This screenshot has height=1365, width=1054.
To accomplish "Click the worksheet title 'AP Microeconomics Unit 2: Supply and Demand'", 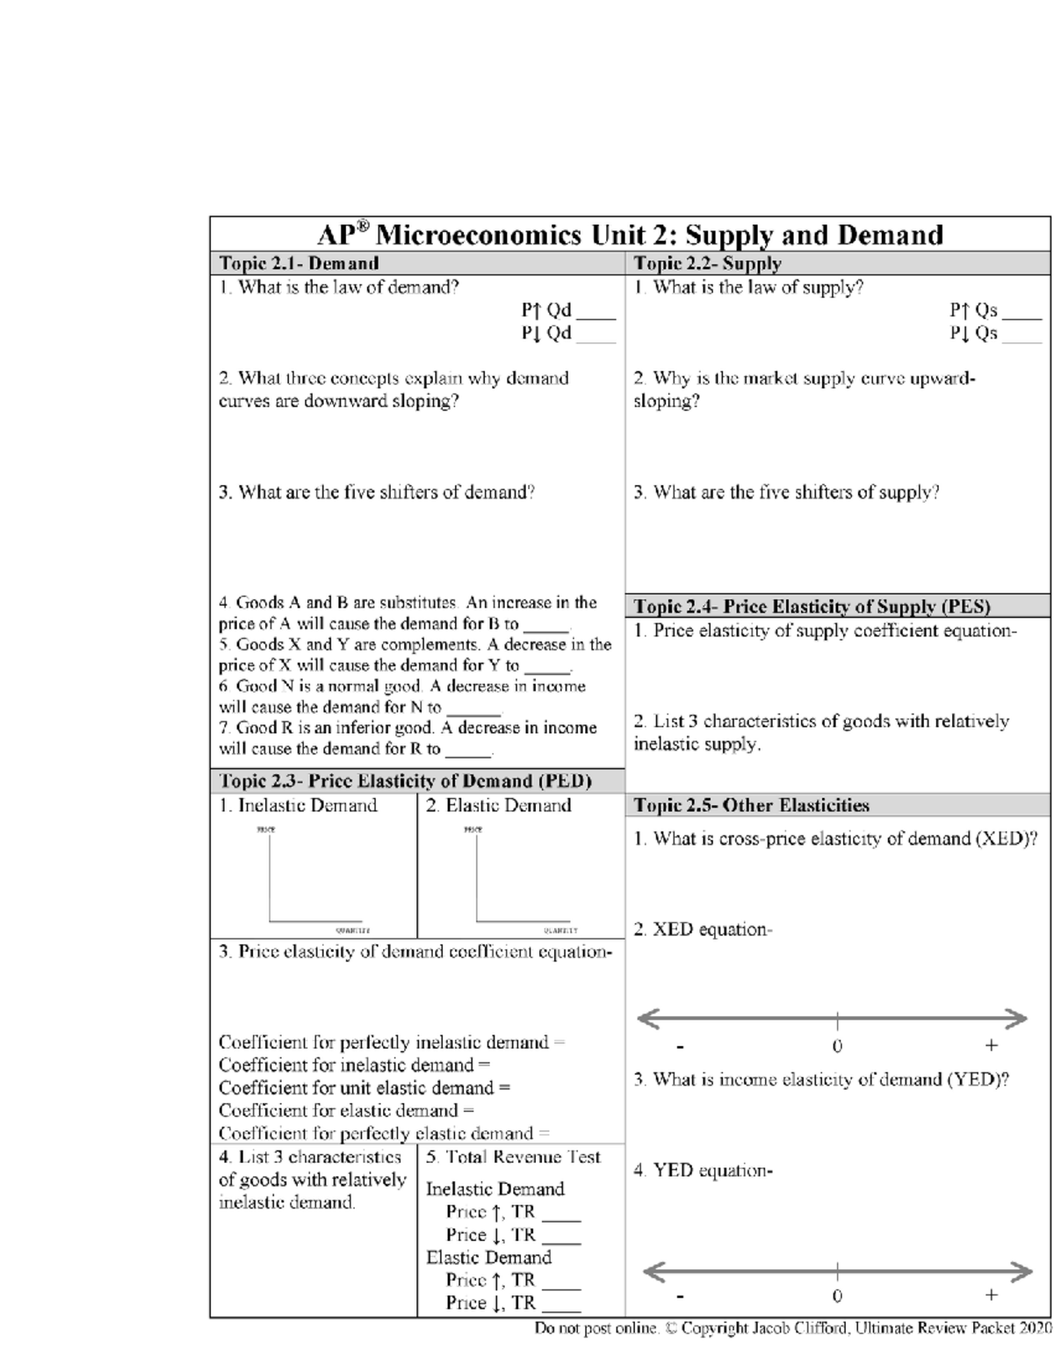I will tap(630, 235).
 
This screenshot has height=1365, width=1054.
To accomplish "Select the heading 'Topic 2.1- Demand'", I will tap(299, 263).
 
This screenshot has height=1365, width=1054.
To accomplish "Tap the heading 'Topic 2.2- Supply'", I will tap(707, 263).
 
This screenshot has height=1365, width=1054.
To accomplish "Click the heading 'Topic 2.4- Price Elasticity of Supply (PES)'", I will tap(812, 606).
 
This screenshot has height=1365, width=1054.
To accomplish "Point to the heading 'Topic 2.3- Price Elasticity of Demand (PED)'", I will tap(405, 781).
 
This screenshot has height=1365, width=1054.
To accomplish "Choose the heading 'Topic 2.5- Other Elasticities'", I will tap(751, 805).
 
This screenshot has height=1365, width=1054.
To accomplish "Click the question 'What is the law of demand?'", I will tap(339, 287).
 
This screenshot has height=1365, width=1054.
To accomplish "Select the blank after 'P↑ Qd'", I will tap(596, 313).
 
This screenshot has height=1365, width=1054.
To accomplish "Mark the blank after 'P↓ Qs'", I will tap(1022, 336).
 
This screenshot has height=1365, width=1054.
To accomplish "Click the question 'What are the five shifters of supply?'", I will tap(786, 492).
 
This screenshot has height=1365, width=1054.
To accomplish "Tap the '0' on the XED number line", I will tap(837, 1046).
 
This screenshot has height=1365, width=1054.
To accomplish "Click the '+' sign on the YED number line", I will tap(992, 1295).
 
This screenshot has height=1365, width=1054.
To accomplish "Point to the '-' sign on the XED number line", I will tap(680, 1046).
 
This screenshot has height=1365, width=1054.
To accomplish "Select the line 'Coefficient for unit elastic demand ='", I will tap(364, 1088).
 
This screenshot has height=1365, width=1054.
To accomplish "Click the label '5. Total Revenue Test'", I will tap(513, 1157).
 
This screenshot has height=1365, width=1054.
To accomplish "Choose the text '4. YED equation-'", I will tap(703, 1171).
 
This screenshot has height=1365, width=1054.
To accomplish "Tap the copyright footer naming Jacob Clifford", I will tap(793, 1328).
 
